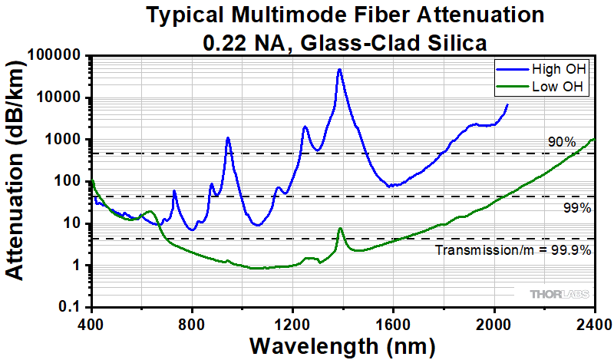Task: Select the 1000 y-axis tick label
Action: pyautogui.click(x=64, y=140)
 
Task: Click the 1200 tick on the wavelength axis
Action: pyautogui.click(x=292, y=322)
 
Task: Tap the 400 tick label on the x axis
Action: pyautogui.click(x=91, y=322)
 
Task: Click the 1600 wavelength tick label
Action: pyautogui.click(x=393, y=322)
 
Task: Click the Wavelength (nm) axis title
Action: pyautogui.click(x=342, y=345)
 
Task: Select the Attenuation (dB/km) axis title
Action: pyautogui.click(x=17, y=182)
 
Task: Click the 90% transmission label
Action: pyautogui.click(x=562, y=142)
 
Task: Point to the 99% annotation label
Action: pyautogui.click(x=576, y=208)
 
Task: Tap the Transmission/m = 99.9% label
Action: pyautogui.click(x=513, y=250)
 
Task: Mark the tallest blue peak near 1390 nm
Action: pyautogui.click(x=339, y=70)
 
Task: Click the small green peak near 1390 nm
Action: pyautogui.click(x=340, y=229)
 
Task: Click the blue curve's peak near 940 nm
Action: pyautogui.click(x=228, y=138)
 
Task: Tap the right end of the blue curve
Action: pyautogui.click(x=507, y=104)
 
